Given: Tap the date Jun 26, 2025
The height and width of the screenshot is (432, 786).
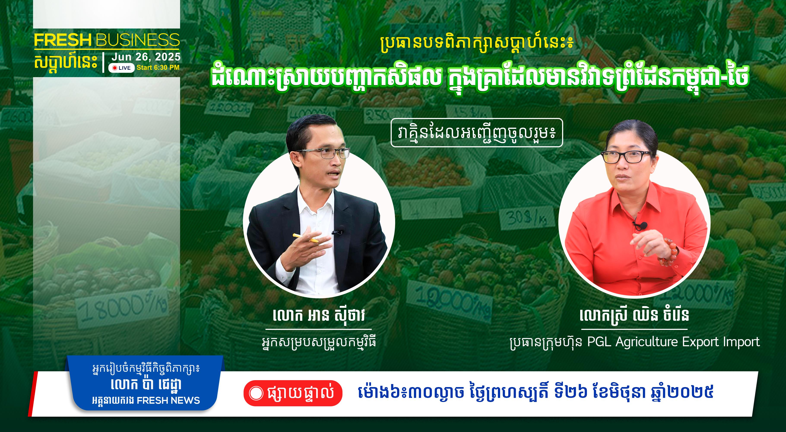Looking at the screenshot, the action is pos(146,57).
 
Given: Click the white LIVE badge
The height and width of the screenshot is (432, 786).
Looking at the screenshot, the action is pos(121,68).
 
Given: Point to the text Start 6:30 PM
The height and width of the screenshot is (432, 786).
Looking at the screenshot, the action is pos(158,67).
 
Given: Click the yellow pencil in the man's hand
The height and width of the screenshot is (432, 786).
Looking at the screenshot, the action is pos(305,238).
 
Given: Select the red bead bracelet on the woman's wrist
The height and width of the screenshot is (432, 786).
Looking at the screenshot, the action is pos(668,252).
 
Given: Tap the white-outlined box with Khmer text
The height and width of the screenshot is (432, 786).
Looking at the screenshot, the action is pos(477,133).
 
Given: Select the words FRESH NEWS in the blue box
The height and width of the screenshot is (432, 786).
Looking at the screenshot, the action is pos(168,400).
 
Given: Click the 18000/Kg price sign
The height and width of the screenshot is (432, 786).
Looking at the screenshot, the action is pos(122,308).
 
